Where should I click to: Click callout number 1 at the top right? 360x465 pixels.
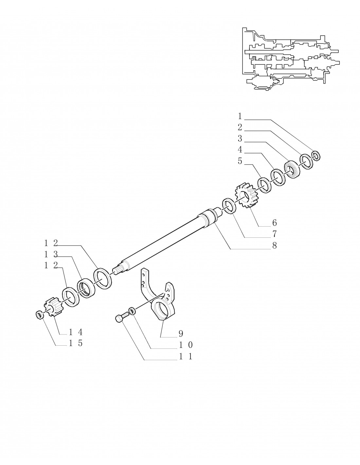click(x=240, y=116)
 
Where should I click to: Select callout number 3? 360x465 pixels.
click(x=240, y=139)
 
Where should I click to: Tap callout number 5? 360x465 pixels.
click(x=240, y=161)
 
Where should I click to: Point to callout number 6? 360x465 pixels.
click(x=274, y=223)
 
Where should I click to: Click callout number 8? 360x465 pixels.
click(x=274, y=246)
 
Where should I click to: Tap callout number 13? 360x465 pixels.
click(x=51, y=254)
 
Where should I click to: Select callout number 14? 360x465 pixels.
click(x=76, y=332)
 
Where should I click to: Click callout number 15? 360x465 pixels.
click(x=76, y=343)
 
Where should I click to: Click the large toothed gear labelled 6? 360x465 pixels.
click(x=245, y=195)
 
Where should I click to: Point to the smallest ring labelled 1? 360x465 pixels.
click(x=316, y=155)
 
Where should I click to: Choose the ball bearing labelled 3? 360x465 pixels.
click(x=292, y=168)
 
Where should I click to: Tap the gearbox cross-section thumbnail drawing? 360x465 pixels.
click(x=291, y=59)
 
